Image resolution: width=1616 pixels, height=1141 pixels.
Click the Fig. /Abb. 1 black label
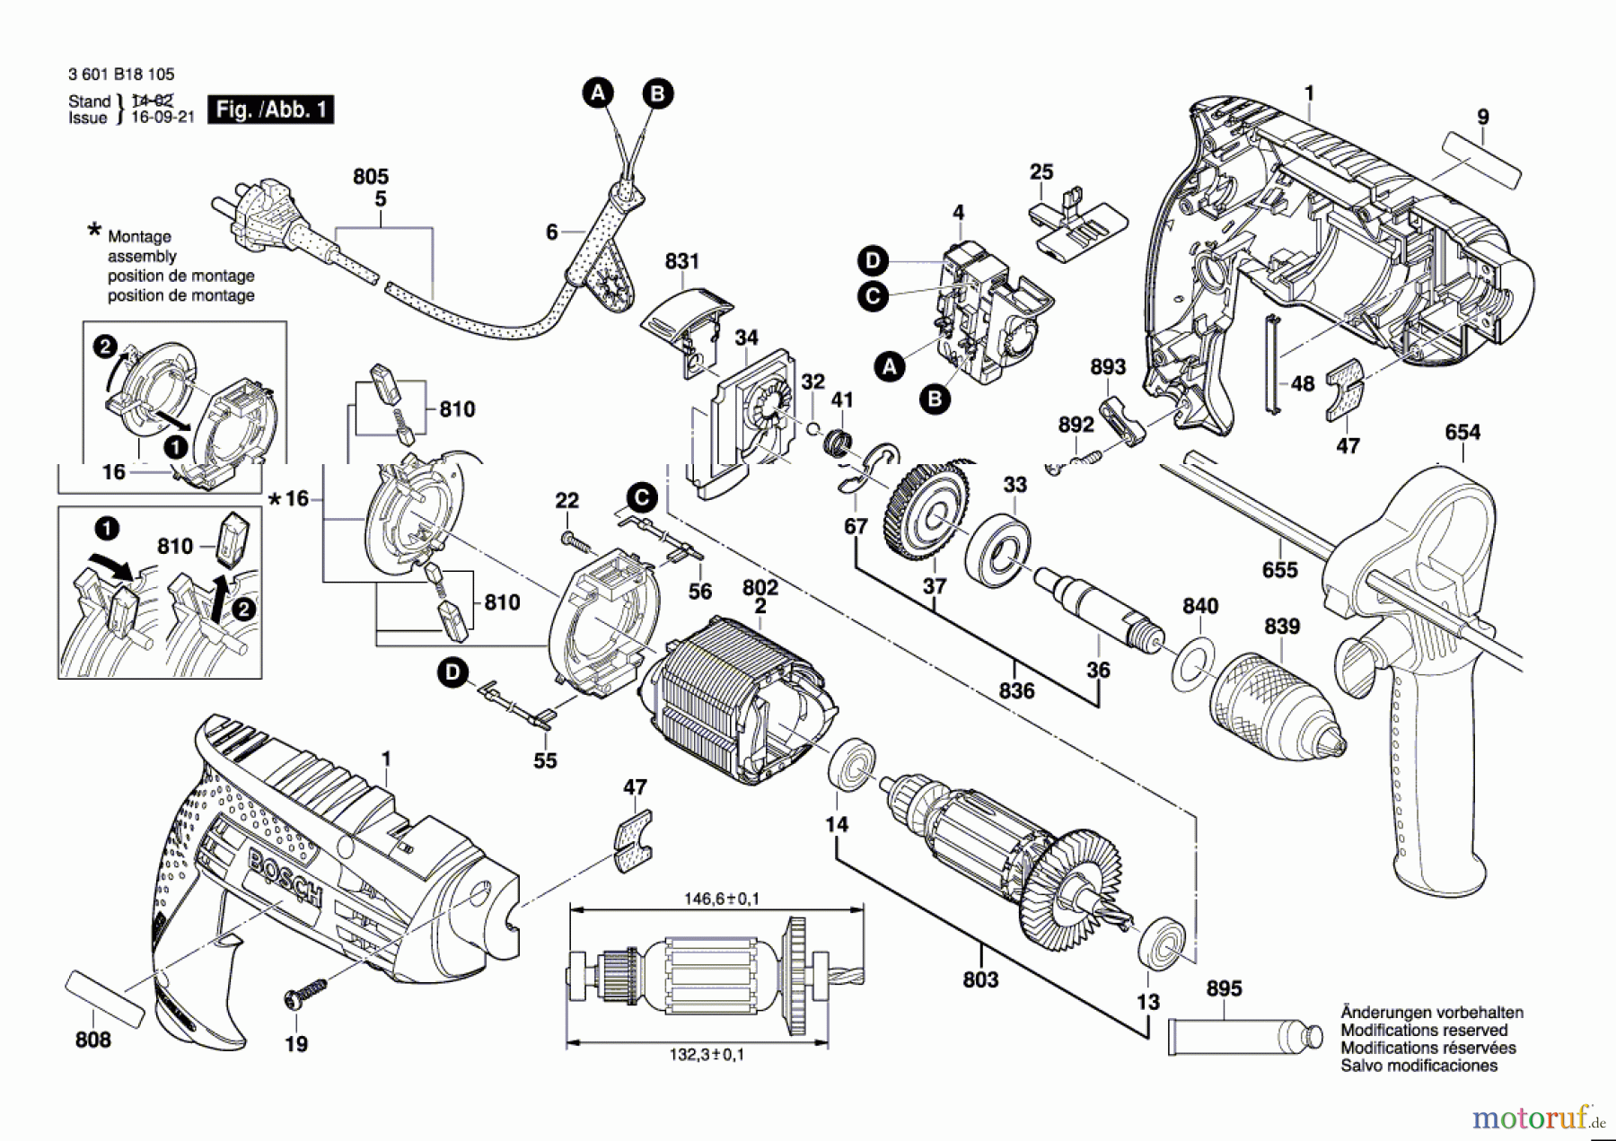pyautogui.click(x=270, y=110)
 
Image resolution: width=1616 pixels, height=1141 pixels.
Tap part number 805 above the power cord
pyautogui.click(x=370, y=177)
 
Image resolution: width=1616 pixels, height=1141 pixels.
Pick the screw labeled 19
pyautogui.click(x=305, y=993)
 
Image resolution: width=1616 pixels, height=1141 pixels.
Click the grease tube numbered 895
pyautogui.click(x=1243, y=1038)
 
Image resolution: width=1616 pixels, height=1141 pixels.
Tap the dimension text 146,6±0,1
pyautogui.click(x=721, y=899)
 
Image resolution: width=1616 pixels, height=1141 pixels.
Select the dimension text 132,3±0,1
pyautogui.click(x=707, y=1055)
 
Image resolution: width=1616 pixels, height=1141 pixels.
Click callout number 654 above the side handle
pyautogui.click(x=1462, y=433)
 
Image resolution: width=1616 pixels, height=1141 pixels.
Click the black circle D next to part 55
pyautogui.click(x=452, y=672)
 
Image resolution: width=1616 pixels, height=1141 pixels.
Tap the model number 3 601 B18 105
pyautogui.click(x=121, y=75)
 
